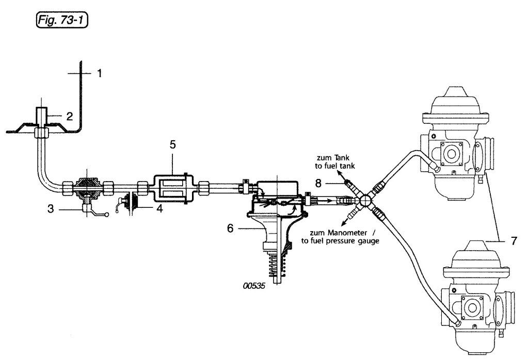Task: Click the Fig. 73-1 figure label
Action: point(61,20)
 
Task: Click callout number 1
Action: point(100,73)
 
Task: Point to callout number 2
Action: point(69,117)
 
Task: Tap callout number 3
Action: point(51,209)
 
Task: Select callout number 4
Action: point(159,208)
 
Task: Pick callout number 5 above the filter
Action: point(172,145)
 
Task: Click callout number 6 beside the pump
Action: point(230,229)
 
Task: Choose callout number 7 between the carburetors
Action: point(514,241)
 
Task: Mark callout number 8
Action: point(318,184)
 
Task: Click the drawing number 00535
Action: point(254,286)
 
